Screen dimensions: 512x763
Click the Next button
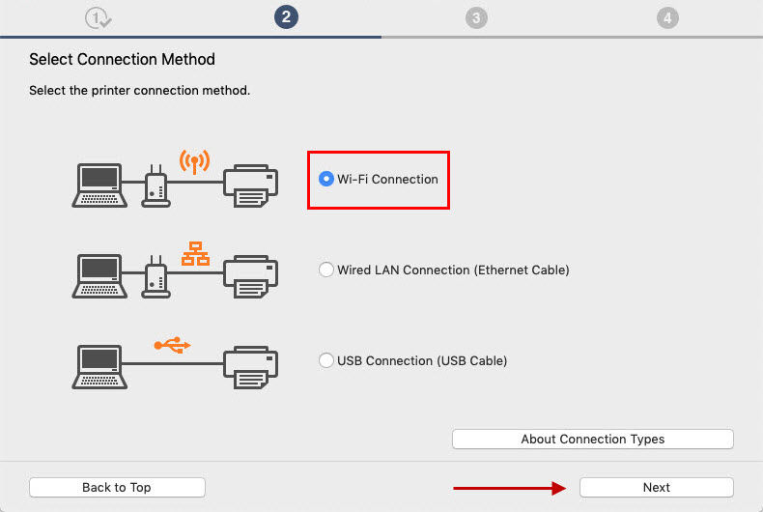(656, 488)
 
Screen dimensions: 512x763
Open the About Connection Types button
(592, 440)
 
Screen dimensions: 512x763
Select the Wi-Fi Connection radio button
(326, 179)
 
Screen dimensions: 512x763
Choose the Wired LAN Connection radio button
(326, 270)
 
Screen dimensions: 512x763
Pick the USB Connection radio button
(326, 360)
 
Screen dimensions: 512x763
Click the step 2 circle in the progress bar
(286, 17)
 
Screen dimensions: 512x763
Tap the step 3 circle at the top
(475, 17)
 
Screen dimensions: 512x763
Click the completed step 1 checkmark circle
(98, 17)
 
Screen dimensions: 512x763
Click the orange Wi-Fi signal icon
(194, 160)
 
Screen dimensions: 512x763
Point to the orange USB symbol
(173, 344)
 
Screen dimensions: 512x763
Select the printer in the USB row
(251, 367)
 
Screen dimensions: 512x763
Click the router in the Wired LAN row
(156, 277)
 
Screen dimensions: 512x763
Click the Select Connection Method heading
(122, 60)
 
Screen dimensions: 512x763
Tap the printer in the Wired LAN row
(251, 277)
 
